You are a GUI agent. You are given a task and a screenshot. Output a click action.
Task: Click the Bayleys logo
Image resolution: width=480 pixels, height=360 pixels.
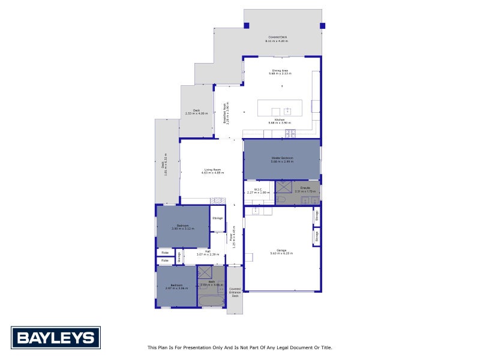click(56, 337)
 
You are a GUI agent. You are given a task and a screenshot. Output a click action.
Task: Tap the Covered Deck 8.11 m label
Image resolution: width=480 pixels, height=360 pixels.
click(277, 39)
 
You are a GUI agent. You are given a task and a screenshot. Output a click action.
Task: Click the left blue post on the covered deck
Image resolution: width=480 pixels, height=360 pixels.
click(246, 25)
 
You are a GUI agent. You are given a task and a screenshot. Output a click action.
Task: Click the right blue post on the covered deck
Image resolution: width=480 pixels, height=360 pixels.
click(322, 26)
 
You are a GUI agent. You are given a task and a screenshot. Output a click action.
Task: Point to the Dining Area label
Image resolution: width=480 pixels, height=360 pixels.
click(279, 72)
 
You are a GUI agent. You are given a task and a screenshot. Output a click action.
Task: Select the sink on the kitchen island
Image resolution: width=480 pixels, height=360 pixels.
click(287, 111)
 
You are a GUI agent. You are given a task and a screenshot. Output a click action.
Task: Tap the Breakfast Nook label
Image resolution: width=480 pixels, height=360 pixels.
click(226, 113)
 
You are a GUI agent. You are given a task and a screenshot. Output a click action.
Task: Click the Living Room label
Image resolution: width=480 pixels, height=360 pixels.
click(212, 171)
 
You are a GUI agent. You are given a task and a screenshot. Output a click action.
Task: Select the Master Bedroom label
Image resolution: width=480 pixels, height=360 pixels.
click(281, 160)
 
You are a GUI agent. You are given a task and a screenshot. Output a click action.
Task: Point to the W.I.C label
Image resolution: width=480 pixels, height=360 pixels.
click(259, 191)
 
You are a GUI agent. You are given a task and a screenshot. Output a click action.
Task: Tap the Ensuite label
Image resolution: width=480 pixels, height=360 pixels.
click(305, 189)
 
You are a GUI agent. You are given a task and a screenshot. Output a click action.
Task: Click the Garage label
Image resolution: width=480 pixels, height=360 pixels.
click(281, 251)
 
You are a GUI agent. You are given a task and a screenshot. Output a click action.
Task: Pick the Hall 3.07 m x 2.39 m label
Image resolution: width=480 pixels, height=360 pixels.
click(207, 253)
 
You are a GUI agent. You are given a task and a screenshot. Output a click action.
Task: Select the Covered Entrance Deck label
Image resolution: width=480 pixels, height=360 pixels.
click(235, 292)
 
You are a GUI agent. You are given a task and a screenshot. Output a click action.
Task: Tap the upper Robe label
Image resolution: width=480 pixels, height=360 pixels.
click(165, 253)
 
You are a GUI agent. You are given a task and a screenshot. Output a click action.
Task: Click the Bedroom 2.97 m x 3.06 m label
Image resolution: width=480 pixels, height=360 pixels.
click(176, 286)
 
